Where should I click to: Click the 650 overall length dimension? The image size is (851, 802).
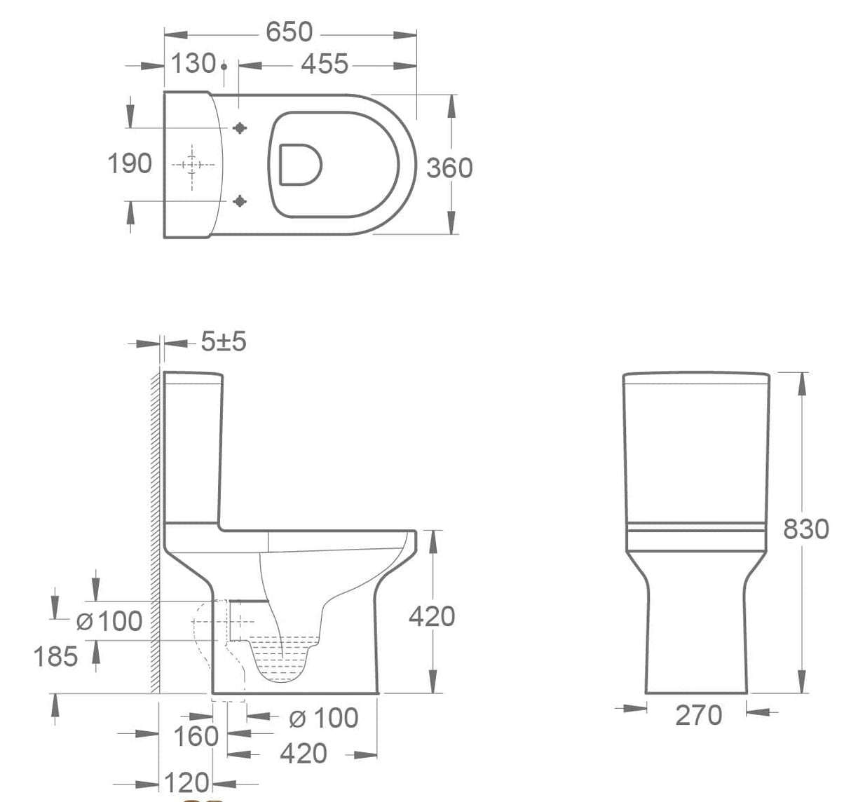pos(289,32)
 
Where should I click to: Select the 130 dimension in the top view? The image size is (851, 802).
pos(193,64)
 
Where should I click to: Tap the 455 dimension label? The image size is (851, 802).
pos(324,64)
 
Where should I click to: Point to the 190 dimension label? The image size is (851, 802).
pos(129,163)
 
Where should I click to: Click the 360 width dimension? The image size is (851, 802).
pos(449,168)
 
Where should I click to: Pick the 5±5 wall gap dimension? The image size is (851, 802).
pos(224,342)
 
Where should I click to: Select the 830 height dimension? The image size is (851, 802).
pos(805,529)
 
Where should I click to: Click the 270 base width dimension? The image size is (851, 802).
pos(698,715)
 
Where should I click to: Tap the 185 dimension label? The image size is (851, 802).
pos(56,657)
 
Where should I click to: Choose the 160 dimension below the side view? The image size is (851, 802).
pos(196,736)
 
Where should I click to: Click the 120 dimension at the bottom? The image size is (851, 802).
pos(187,782)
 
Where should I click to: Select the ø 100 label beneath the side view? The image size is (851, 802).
pos(323,718)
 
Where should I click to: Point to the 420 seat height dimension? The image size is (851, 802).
pos(432,616)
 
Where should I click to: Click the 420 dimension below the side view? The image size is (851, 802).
pos(303,754)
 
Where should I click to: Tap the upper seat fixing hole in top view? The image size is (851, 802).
pos(240,128)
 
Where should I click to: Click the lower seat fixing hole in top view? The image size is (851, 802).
pos(240,201)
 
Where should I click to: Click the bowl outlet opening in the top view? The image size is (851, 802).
pos(300,165)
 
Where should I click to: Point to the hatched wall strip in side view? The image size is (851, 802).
pos(155,533)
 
